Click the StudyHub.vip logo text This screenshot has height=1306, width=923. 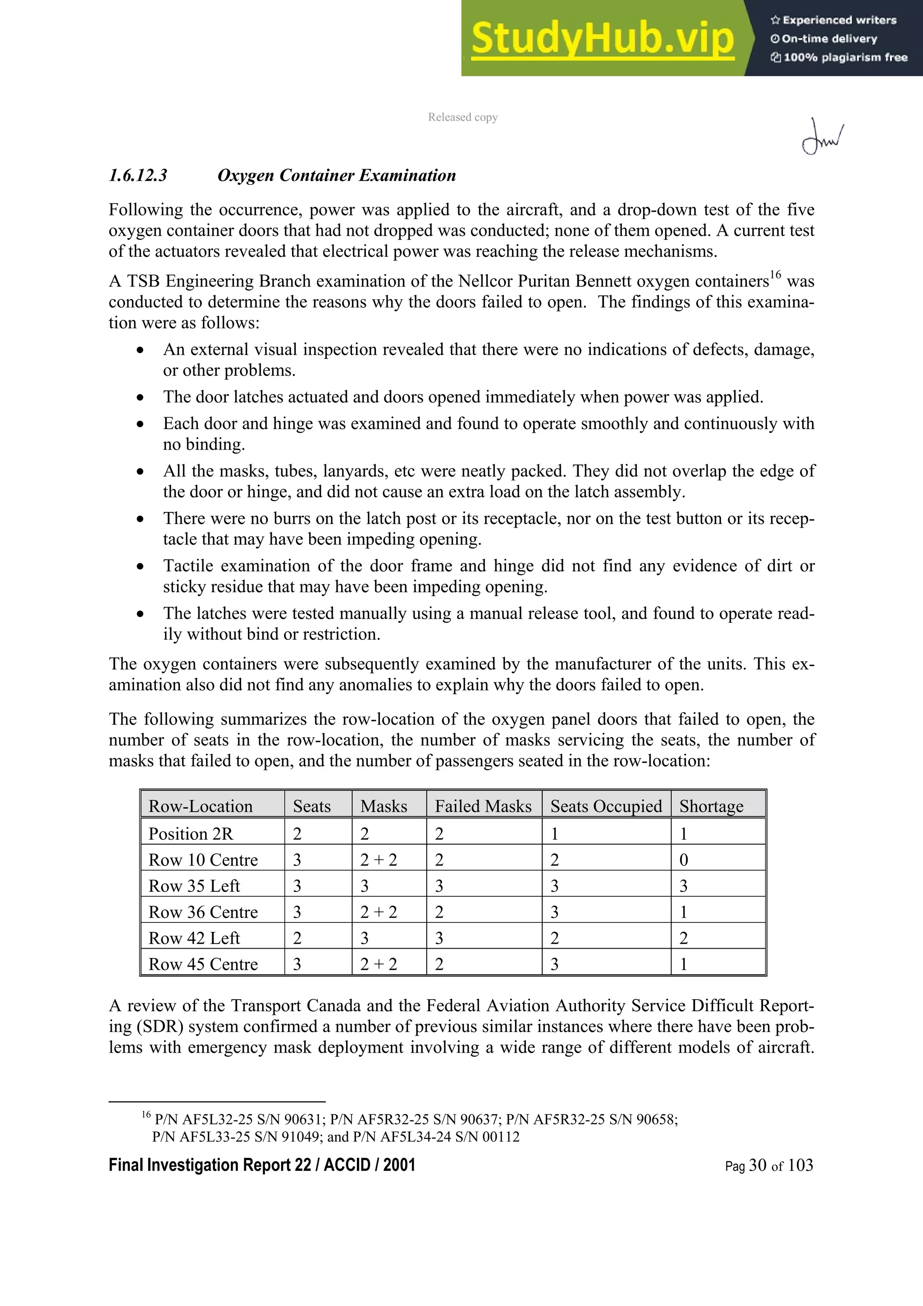[602, 39]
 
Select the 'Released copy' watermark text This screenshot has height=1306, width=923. [462, 117]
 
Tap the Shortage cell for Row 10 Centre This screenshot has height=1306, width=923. [684, 859]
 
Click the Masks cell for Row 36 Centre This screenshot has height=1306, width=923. [378, 912]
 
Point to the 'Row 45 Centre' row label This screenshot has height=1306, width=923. [203, 964]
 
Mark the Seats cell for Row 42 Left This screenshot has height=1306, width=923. [297, 938]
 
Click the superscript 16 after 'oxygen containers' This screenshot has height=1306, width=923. [776, 276]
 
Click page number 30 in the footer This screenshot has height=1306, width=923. [758, 1165]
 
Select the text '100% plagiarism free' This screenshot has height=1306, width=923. [845, 57]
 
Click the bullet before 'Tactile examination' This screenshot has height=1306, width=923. [140, 566]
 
